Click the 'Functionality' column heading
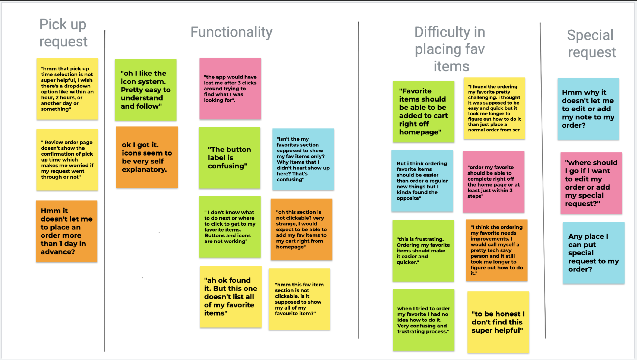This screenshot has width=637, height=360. [x=231, y=32]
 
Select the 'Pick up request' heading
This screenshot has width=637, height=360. [x=63, y=33]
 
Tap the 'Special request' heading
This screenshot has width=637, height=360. [x=591, y=43]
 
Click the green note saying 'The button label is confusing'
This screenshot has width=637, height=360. [x=230, y=158]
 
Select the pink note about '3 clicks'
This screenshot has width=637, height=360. [x=230, y=89]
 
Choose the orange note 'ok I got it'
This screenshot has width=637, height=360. [x=147, y=157]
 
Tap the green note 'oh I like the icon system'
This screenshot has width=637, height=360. [x=146, y=90]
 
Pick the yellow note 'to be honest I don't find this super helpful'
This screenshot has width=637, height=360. [x=498, y=322]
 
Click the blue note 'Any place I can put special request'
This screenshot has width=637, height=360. [x=594, y=253]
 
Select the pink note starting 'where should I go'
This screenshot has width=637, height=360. [x=591, y=183]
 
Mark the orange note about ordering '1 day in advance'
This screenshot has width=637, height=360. [x=66, y=231]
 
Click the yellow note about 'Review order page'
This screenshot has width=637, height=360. [x=67, y=160]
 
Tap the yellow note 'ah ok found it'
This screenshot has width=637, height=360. [x=231, y=297]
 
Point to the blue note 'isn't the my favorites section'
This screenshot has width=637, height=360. [x=303, y=159]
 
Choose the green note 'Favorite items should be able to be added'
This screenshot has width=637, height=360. [x=423, y=112]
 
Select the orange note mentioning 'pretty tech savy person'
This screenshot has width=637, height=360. [x=497, y=250]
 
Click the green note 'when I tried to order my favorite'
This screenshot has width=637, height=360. [x=423, y=320]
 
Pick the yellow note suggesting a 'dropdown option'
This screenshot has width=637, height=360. [x=67, y=89]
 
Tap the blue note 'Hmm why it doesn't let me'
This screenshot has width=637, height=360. [x=588, y=109]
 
